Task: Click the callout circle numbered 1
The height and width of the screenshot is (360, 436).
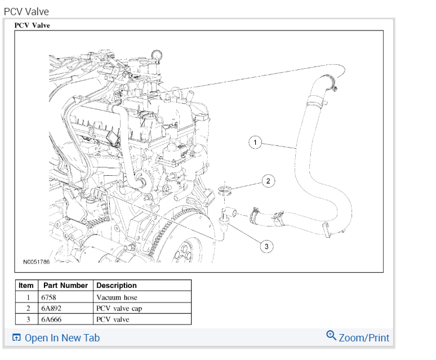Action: coord(255,143)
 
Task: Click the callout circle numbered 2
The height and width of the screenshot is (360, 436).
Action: coord(268,181)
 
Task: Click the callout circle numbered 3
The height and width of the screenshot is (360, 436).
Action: coord(266,246)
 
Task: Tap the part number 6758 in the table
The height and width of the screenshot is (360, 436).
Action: coord(49,297)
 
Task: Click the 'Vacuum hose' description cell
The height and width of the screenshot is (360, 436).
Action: coord(117,297)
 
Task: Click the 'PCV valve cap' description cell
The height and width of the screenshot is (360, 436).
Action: coord(119,308)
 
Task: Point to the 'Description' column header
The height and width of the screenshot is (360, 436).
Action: coord(117,286)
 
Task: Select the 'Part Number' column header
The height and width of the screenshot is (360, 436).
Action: coord(65,286)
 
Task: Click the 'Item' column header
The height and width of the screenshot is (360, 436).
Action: coord(26,286)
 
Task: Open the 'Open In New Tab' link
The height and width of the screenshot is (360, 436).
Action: coord(56,338)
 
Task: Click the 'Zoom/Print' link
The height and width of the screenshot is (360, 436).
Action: coord(363,337)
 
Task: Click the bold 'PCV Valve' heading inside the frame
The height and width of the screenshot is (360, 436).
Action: coord(32,25)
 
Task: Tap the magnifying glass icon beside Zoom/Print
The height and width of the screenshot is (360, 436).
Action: coord(331,336)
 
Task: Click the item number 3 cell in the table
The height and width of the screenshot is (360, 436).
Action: coord(28,319)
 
